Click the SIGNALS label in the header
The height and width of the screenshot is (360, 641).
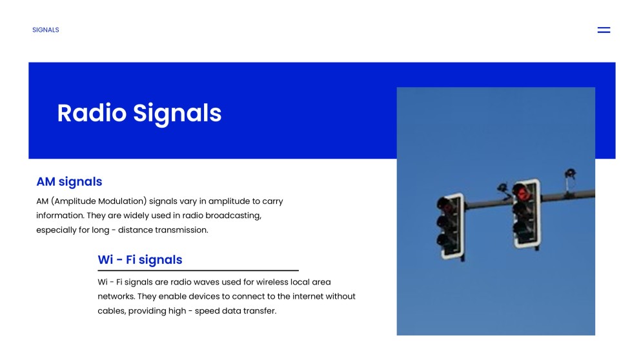pos(46,30)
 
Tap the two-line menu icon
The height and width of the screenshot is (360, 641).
pos(604,30)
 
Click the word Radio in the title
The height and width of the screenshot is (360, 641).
pos(92,113)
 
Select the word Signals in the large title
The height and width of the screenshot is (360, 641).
pos(178,114)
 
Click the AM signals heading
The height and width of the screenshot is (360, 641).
pos(70,181)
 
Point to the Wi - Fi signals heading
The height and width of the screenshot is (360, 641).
pos(140,259)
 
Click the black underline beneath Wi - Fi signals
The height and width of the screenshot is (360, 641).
pos(198,270)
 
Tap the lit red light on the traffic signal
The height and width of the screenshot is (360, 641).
pos(522,193)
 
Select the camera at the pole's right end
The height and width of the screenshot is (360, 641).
pos(570,174)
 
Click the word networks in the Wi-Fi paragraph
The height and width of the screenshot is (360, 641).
pos(116,296)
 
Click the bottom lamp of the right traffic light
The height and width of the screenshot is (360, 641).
pos(522,228)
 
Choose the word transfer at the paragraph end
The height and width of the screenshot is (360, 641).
pos(261,311)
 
